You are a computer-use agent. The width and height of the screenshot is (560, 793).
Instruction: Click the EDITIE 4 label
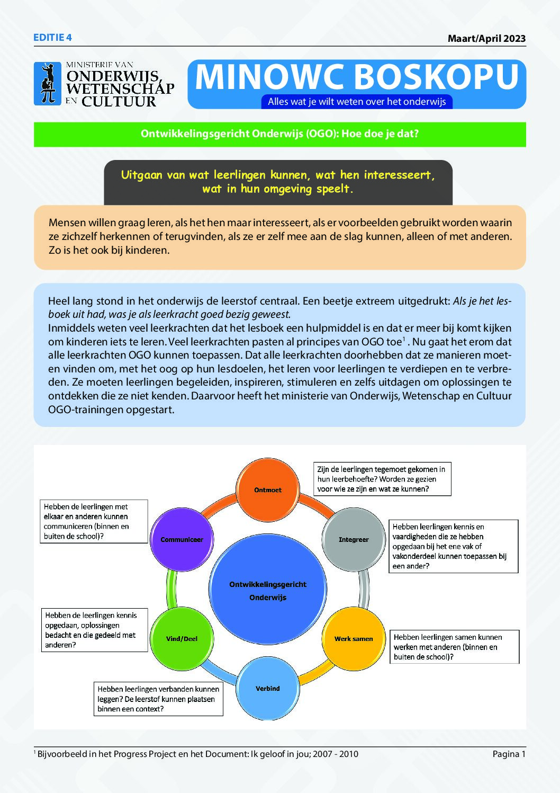52,38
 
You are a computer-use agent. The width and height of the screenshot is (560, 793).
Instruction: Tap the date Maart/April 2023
486,38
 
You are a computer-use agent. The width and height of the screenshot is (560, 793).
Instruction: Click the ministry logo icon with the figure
48,84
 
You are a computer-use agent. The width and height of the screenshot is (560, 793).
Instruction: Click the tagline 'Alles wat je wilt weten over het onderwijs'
357,102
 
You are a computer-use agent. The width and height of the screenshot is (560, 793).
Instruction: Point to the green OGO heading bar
280,134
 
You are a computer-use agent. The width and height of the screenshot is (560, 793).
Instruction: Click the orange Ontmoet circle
268,490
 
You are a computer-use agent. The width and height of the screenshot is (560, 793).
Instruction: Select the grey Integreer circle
354,539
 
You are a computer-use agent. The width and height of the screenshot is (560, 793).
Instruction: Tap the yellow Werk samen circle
354,639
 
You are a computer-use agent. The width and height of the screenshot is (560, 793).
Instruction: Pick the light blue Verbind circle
268,688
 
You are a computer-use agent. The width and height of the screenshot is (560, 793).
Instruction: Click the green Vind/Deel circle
182,639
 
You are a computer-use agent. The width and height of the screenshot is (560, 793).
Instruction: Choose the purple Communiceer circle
182,539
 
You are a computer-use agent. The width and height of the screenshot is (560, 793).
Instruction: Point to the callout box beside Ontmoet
382,479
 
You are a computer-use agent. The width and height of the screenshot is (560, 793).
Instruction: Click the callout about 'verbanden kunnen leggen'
158,699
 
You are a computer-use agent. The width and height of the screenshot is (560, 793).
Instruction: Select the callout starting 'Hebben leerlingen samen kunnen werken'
455,647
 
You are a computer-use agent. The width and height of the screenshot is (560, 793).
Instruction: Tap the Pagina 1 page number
509,754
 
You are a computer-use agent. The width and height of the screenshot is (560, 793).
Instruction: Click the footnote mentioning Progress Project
196,754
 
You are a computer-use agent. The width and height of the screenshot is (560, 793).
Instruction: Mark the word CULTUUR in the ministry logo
119,102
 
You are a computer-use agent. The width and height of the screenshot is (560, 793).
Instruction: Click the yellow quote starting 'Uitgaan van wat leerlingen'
278,182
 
